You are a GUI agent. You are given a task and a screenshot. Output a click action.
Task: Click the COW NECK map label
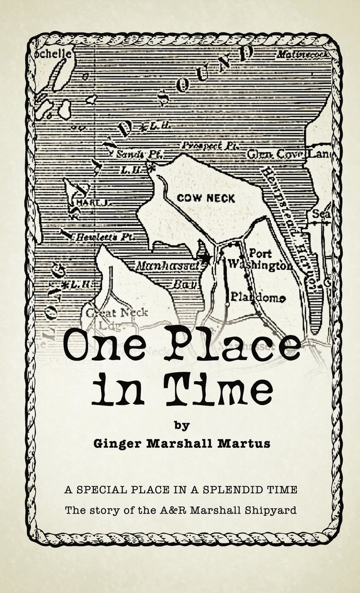[206, 198]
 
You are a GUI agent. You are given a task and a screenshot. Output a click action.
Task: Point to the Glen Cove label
[273, 155]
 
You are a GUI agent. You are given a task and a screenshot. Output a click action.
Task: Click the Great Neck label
[117, 313]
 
